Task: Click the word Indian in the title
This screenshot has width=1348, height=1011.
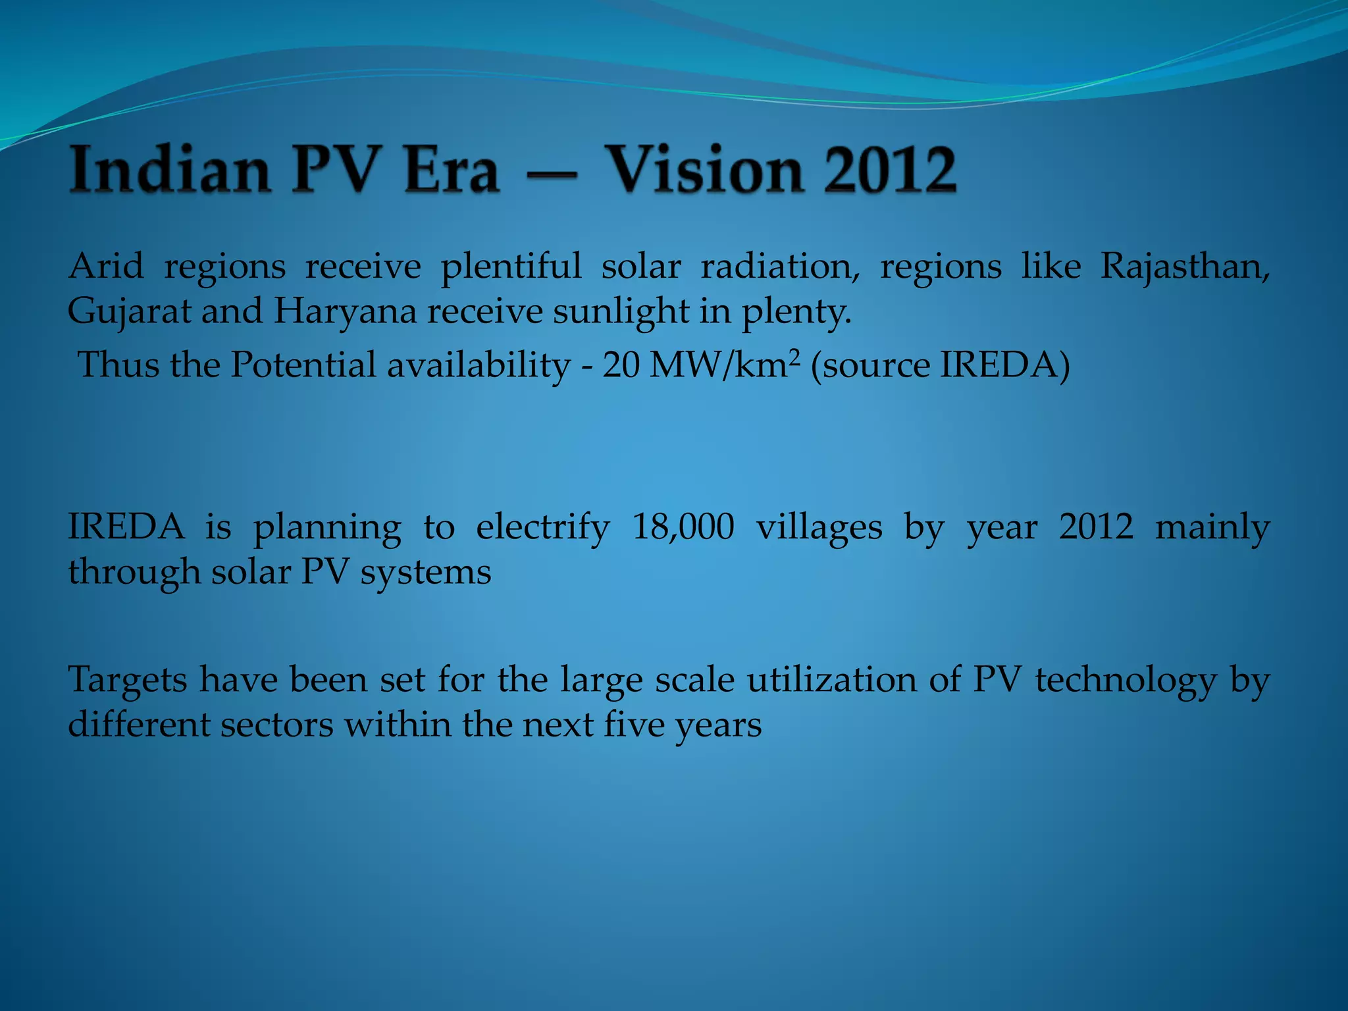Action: tap(170, 170)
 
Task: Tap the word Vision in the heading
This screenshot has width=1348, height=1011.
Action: tap(704, 170)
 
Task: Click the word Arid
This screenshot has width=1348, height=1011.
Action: tap(105, 267)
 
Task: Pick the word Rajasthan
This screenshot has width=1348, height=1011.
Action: tap(1185, 267)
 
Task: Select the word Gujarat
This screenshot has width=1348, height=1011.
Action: tap(129, 311)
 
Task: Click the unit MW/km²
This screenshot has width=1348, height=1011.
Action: tap(724, 365)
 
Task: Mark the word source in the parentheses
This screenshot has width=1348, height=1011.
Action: tap(872, 365)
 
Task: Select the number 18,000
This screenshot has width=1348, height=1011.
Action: tap(683, 527)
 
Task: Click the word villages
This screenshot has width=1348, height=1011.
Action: tap(819, 527)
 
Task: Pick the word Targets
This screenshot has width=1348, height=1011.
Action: tap(128, 680)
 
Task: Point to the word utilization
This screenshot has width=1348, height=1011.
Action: tap(831, 680)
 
